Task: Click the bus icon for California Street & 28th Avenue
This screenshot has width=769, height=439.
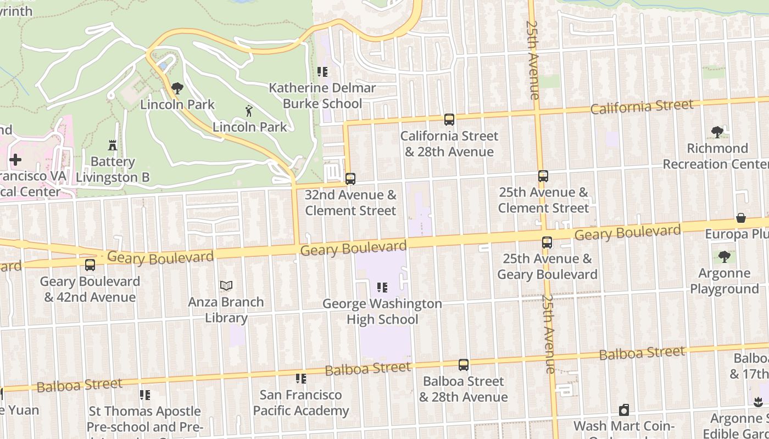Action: [x=449, y=119]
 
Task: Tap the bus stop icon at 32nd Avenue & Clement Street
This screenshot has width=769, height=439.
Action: [x=350, y=178]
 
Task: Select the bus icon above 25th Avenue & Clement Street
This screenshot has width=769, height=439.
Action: [x=543, y=176]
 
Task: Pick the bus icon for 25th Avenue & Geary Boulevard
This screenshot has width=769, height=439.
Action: [x=547, y=242]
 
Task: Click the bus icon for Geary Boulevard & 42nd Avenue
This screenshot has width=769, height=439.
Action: [x=90, y=265]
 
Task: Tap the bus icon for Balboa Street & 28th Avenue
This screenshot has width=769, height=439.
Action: [x=464, y=365]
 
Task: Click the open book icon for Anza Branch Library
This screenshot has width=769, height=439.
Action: [x=226, y=285]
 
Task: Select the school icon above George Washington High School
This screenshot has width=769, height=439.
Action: [x=382, y=288]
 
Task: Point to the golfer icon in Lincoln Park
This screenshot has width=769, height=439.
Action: [x=249, y=111]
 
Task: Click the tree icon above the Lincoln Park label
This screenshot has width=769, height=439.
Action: [x=177, y=88]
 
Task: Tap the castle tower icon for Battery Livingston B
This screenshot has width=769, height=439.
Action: [x=113, y=145]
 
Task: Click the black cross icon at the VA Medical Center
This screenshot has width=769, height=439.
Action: [x=15, y=160]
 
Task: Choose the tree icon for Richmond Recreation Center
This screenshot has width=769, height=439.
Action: [x=717, y=132]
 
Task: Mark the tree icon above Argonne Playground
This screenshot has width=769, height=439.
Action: [x=724, y=257]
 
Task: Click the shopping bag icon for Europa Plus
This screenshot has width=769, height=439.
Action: [x=741, y=218]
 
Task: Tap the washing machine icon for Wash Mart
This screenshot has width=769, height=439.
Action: [x=623, y=410]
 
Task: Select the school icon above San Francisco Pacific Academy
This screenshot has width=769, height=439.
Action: [x=301, y=378]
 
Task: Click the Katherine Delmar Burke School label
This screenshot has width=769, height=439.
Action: [x=322, y=95]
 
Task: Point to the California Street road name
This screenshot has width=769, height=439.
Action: [x=642, y=106]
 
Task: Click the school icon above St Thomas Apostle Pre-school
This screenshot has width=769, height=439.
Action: [x=145, y=395]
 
